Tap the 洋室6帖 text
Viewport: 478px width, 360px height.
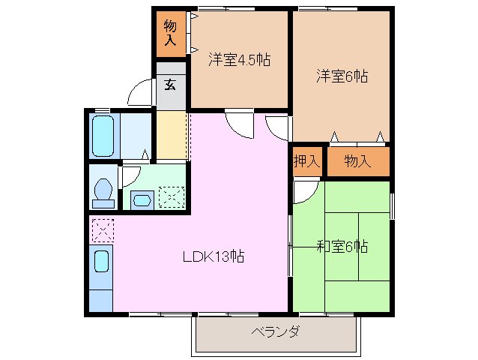click(x=342, y=75)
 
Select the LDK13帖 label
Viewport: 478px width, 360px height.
click(x=214, y=256)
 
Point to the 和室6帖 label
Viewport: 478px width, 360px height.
click(x=342, y=246)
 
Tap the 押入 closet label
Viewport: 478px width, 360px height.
click(x=306, y=160)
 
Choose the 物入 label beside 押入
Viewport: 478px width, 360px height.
click(x=357, y=160)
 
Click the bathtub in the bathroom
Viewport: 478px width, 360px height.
click(x=103, y=134)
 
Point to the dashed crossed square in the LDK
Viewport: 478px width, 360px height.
click(x=101, y=229)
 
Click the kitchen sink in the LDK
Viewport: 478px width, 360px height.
click(x=101, y=262)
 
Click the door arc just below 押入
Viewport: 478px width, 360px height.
click(x=304, y=192)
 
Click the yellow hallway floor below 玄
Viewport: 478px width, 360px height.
click(x=171, y=135)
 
